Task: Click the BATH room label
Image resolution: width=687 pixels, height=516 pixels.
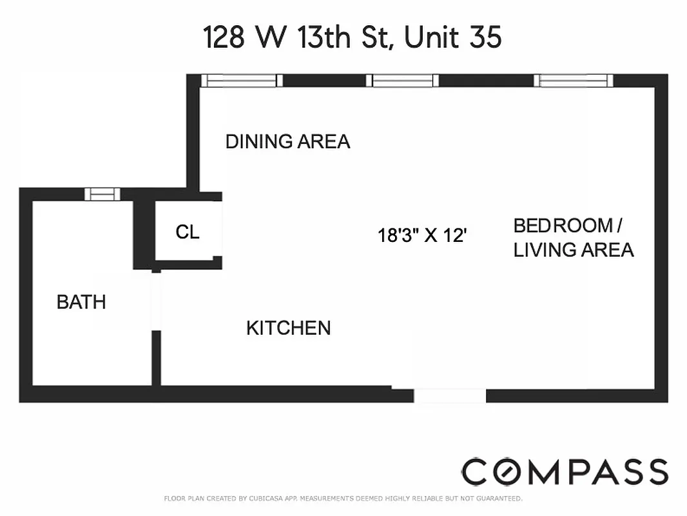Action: pyautogui.click(x=81, y=302)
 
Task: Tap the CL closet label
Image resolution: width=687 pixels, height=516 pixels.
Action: pyautogui.click(x=188, y=232)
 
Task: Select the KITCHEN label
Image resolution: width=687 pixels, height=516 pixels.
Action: pyautogui.click(x=288, y=328)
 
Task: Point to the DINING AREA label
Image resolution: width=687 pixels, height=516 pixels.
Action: pyautogui.click(x=287, y=141)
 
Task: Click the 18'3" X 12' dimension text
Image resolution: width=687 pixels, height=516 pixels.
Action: pyautogui.click(x=421, y=235)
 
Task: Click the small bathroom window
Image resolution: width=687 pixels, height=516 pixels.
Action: pyautogui.click(x=102, y=193)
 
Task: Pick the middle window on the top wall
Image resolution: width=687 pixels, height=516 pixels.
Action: pyautogui.click(x=402, y=81)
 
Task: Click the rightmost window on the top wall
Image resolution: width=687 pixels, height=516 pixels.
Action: pyautogui.click(x=574, y=81)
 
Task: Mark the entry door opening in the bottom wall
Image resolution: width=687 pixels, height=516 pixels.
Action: pyautogui.click(x=449, y=395)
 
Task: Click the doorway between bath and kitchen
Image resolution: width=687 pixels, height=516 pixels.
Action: pyautogui.click(x=155, y=302)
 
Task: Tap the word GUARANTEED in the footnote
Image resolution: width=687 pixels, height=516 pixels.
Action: pyautogui.click(x=498, y=499)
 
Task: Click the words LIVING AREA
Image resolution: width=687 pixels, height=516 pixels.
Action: pyautogui.click(x=574, y=250)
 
